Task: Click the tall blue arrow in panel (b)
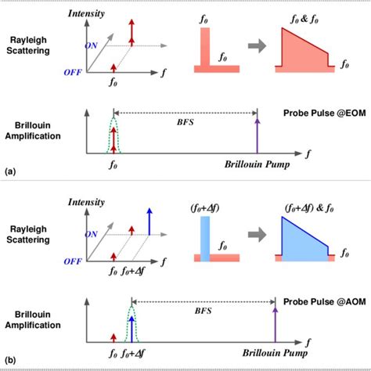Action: pyautogui.click(x=148, y=219)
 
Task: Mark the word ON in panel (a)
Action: pyautogui.click(x=93, y=45)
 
